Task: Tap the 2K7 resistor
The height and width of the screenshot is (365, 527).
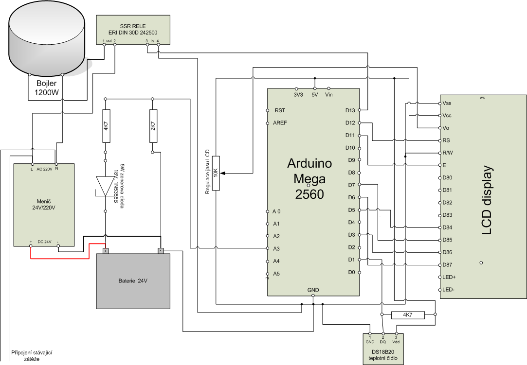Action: [x=153, y=126]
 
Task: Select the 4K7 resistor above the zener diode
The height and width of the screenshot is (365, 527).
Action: [x=106, y=126]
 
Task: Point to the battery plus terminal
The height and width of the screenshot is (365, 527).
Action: [x=106, y=251]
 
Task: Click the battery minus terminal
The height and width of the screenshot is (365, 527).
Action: [x=161, y=251]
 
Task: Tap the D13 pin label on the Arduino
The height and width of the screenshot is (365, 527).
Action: [x=350, y=110]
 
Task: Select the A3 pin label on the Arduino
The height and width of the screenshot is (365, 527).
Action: [x=276, y=249]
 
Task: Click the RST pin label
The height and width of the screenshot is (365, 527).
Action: [x=280, y=110]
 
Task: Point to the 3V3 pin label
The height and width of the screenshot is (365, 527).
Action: [x=298, y=95]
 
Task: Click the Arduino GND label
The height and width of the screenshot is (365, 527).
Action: [x=313, y=290]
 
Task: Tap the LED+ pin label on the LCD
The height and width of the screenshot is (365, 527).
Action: [x=450, y=277]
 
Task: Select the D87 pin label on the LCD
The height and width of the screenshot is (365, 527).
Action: [x=449, y=264]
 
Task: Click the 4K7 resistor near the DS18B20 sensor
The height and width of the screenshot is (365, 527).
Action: [x=407, y=315]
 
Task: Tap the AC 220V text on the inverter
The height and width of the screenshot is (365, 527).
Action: [x=44, y=169]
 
